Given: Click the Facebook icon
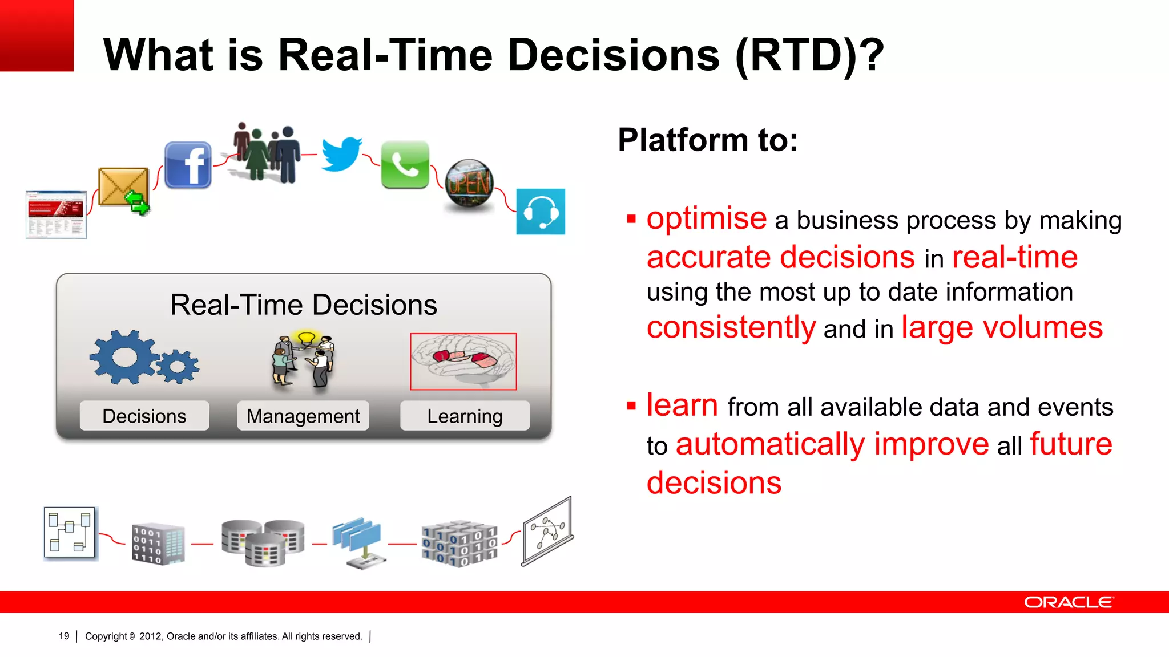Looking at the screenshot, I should [x=188, y=165].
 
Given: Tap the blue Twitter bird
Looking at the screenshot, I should [x=341, y=154].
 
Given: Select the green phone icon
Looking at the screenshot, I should [x=405, y=165].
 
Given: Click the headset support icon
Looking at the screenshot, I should [x=541, y=212].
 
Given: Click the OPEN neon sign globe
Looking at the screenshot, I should [x=469, y=184].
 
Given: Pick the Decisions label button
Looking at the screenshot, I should [x=144, y=416].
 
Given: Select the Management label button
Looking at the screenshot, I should [x=303, y=416].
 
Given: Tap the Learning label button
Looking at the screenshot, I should [x=465, y=416].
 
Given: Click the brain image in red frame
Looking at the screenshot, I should [x=463, y=362].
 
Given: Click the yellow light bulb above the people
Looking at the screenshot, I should [x=307, y=338].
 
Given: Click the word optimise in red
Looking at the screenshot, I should [x=707, y=218].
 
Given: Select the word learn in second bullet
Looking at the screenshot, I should [x=682, y=405].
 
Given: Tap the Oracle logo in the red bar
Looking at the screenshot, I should [x=1068, y=602].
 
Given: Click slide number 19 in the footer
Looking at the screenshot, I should [x=64, y=636].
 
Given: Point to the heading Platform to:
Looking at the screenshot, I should [x=708, y=140].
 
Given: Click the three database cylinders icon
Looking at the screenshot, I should [x=263, y=542].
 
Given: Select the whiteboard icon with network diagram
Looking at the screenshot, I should [x=547, y=532].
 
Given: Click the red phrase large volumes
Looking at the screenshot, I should [x=1002, y=328].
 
